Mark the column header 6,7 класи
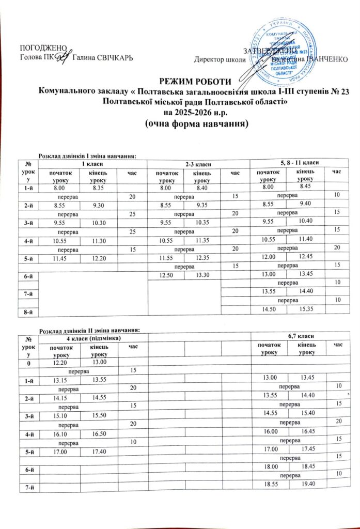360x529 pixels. pyautogui.click(x=302, y=336)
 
